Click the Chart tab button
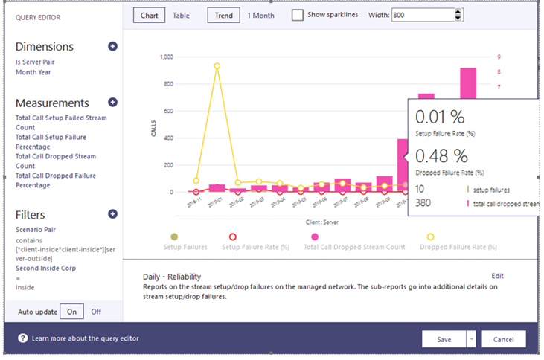tap(150, 15)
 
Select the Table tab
tap(182, 15)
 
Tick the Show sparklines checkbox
tap(298, 16)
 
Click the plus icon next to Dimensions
tap(112, 46)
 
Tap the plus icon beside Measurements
tap(112, 103)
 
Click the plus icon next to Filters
tap(112, 214)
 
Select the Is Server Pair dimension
tap(35, 62)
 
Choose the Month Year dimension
tap(33, 72)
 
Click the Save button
tap(444, 339)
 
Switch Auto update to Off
tap(97, 312)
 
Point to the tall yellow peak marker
tap(217, 65)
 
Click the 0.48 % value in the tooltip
tap(441, 155)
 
